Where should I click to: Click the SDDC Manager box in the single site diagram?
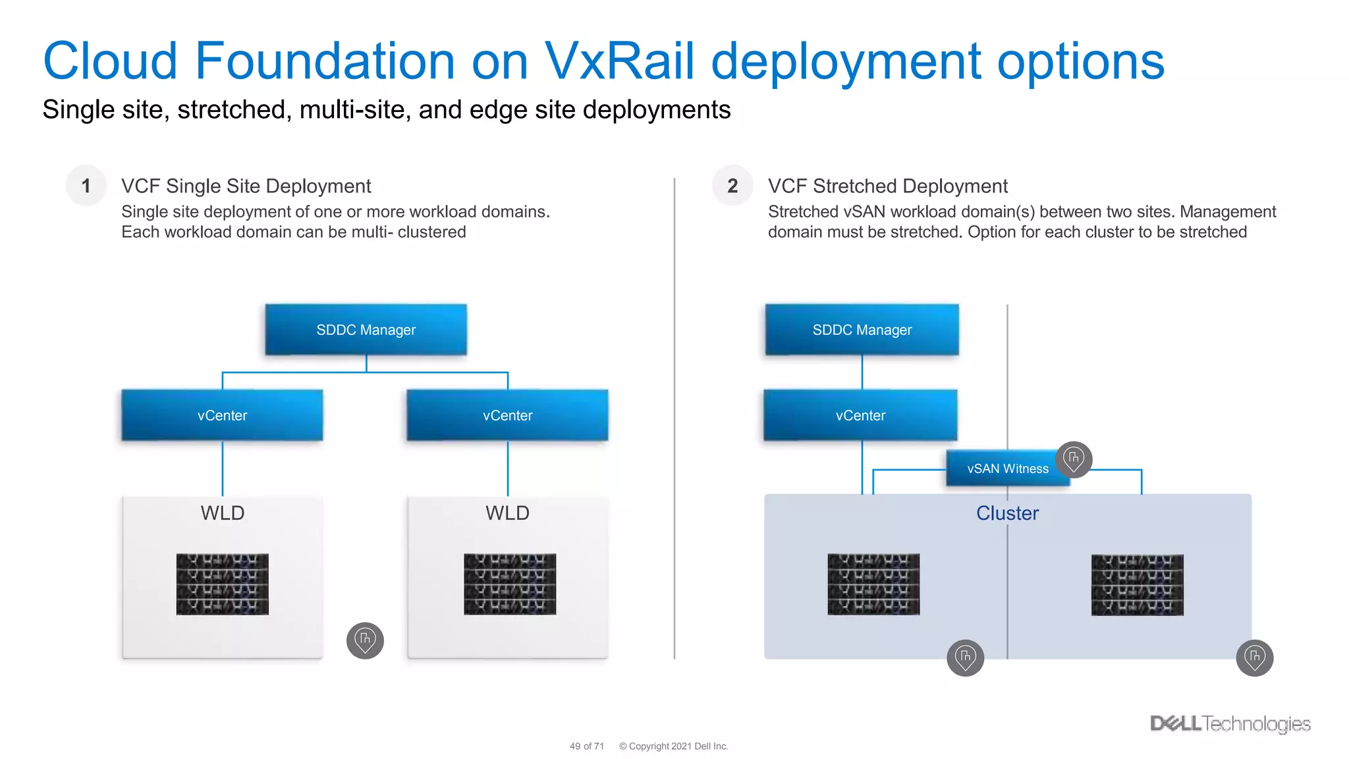(366, 329)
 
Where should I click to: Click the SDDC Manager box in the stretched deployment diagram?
(862, 329)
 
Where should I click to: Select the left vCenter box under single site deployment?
(222, 415)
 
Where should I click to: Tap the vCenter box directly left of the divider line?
(507, 415)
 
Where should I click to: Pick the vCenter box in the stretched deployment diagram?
(860, 415)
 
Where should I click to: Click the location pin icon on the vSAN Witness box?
(1074, 459)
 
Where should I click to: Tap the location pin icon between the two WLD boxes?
(365, 640)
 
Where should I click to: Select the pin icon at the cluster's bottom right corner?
(1254, 658)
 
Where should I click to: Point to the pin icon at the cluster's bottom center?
(965, 658)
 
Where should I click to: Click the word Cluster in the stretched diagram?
(1007, 513)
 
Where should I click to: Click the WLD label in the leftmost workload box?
(223, 513)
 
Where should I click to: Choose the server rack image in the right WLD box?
(510, 584)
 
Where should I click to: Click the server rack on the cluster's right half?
(1137, 585)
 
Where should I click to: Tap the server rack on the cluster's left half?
(873, 584)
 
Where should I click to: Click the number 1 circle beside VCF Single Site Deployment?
(86, 186)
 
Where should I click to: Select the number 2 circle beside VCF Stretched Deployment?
(732, 186)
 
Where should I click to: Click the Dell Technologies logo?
(1230, 723)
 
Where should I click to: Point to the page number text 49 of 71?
(586, 746)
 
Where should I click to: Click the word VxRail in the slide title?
(619, 61)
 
